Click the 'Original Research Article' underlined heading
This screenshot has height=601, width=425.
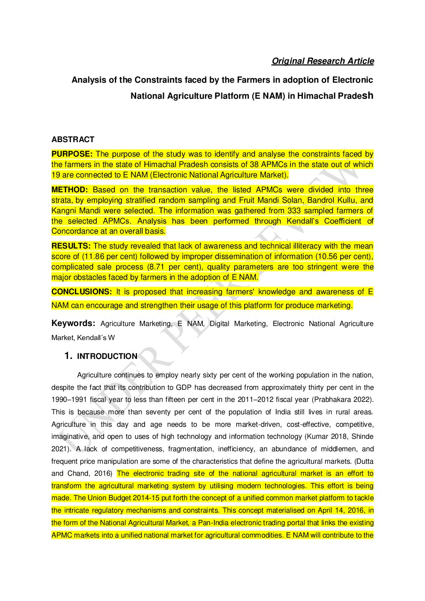pos(323,61)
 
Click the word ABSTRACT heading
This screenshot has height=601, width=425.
pos(73,139)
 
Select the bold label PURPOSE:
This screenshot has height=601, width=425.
pos(72,154)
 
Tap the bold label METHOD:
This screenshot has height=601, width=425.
pos(69,189)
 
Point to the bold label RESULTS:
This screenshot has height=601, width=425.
pos(71,246)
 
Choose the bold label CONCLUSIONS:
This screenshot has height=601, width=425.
pos(82,292)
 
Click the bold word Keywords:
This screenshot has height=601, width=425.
pos(73,324)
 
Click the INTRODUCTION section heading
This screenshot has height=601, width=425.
pos(107,356)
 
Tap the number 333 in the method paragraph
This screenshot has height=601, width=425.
pos(294,210)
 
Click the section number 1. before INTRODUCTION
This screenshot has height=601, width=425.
pos(68,356)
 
